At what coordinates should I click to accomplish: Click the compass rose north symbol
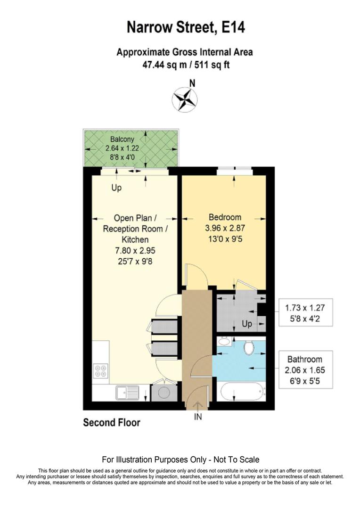[x=185, y=99]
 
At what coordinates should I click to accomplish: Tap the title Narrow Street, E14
[x=186, y=27]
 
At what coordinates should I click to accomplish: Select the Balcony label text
[x=122, y=140]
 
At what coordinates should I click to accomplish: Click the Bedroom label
[x=225, y=217]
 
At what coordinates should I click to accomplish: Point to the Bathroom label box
[x=306, y=370]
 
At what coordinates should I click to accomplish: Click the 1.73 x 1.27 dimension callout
[x=306, y=312]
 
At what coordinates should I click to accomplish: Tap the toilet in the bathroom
[x=249, y=348]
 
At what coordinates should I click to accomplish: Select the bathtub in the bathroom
[x=241, y=392]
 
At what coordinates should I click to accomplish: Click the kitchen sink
[x=127, y=392]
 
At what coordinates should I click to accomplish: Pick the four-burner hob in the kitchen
[x=100, y=370]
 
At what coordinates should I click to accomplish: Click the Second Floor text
[x=112, y=422]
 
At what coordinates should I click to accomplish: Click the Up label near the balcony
[x=116, y=188]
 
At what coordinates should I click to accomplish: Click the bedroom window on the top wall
[x=235, y=170]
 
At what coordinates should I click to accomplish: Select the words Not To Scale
[x=235, y=460]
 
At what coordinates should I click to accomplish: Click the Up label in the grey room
[x=247, y=324]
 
